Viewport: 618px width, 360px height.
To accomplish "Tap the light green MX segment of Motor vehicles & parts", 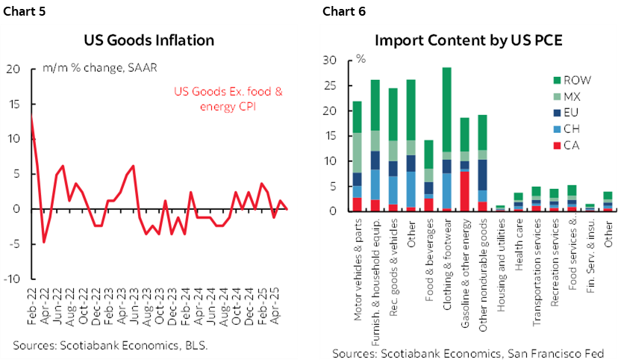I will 357,153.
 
